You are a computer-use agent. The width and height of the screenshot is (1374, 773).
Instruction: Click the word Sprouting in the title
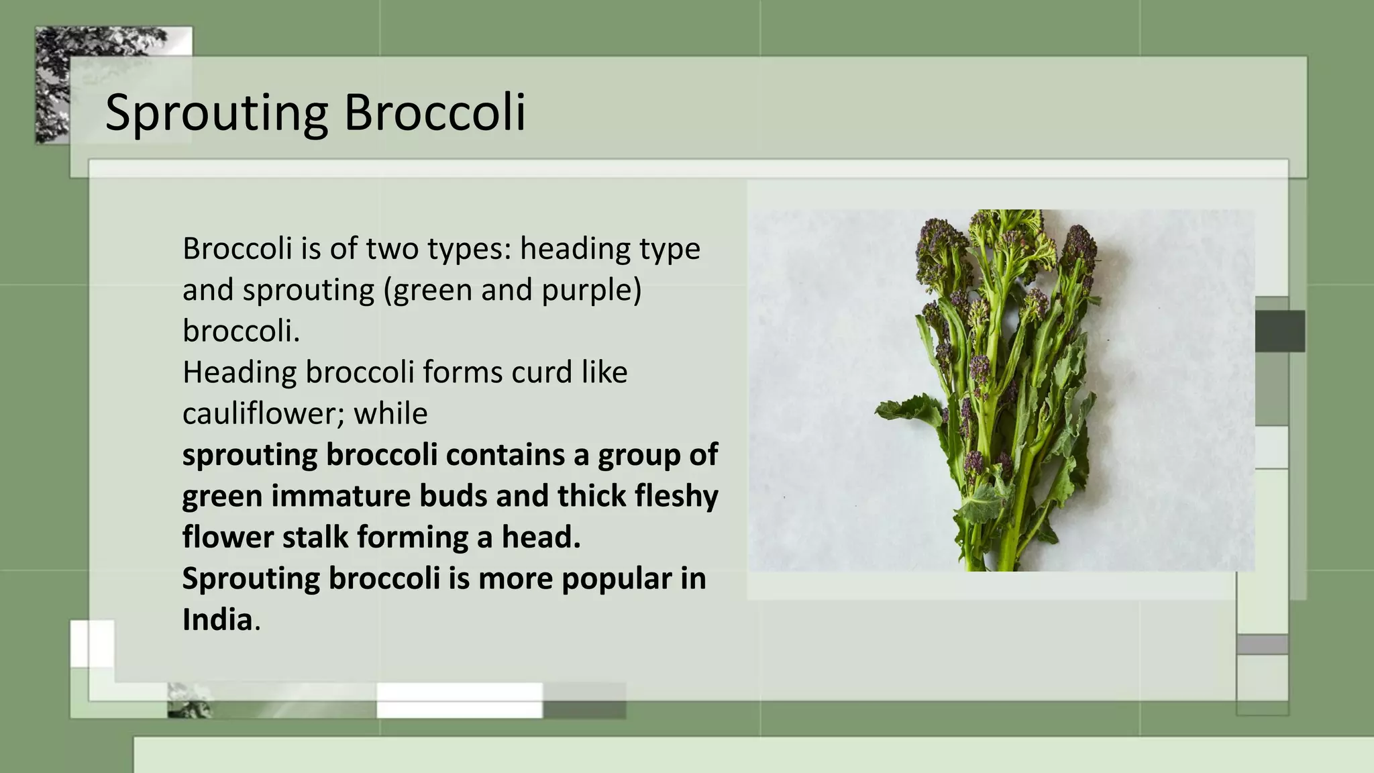pyautogui.click(x=216, y=113)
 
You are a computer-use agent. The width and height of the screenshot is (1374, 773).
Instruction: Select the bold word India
pyautogui.click(x=217, y=619)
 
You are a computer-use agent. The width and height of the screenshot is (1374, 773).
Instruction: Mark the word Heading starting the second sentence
pyautogui.click(x=240, y=372)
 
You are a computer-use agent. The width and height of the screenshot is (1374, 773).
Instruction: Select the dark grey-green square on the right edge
pyautogui.click(x=1279, y=331)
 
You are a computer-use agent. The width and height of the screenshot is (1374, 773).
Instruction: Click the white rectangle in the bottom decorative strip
pyautogui.click(x=459, y=700)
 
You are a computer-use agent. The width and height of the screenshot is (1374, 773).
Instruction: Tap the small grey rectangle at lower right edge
pyautogui.click(x=1262, y=644)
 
